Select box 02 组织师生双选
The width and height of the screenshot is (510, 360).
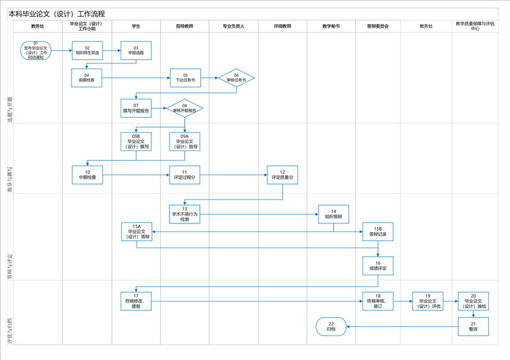[87, 50]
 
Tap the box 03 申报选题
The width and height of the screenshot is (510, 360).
[135, 50]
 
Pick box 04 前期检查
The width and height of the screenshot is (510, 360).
[87, 77]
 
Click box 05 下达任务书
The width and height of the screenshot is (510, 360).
[185, 77]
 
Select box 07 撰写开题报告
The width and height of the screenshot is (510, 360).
[136, 108]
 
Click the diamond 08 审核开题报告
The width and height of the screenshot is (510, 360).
[185, 108]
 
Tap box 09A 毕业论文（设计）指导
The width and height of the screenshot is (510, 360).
[185, 141]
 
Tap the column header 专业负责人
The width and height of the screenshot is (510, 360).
[233, 26]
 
